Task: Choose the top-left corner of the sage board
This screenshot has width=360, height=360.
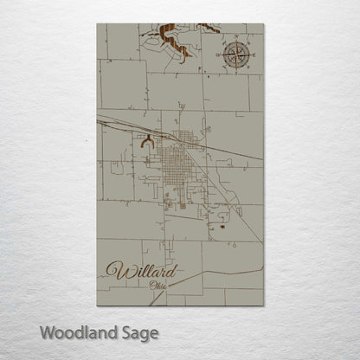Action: pyautogui.click(x=97, y=24)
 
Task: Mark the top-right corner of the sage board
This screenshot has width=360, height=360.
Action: pyautogui.click(x=263, y=24)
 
